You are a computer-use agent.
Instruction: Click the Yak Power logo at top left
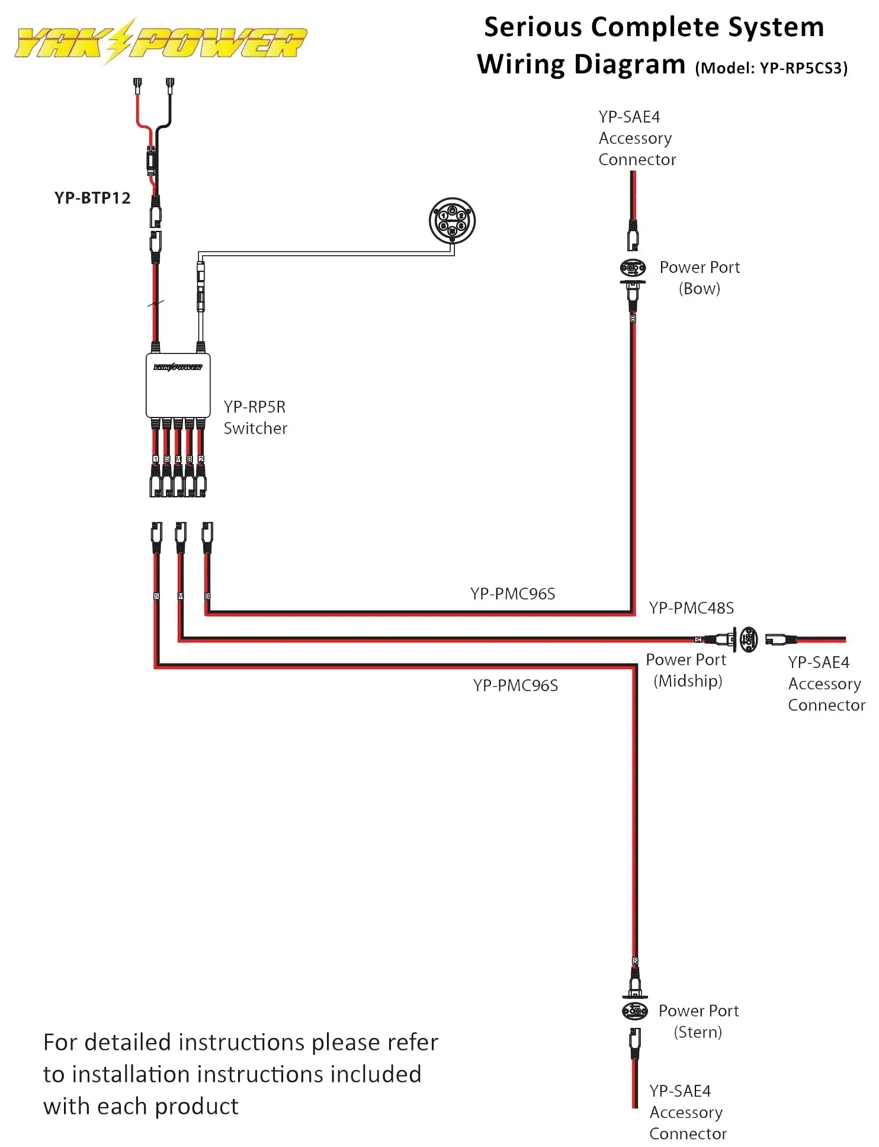click(x=160, y=41)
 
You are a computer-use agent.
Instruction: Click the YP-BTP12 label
click(x=92, y=198)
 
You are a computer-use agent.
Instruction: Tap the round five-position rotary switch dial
click(x=452, y=221)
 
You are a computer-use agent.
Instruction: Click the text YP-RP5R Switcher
click(x=255, y=417)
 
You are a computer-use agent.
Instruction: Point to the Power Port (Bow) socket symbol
click(x=633, y=268)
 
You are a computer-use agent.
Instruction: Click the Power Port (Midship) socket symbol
click(x=748, y=639)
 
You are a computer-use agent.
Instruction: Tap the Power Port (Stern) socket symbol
click(x=634, y=1011)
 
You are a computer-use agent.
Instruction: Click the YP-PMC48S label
click(x=691, y=608)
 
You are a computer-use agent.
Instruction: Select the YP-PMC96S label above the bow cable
click(x=512, y=594)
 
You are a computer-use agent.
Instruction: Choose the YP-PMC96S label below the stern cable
click(x=515, y=686)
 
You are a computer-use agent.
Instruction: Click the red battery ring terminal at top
click(x=137, y=85)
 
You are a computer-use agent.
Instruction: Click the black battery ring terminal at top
click(x=170, y=85)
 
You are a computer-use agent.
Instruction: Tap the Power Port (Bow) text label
click(x=700, y=278)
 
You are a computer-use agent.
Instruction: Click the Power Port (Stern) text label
click(x=698, y=1021)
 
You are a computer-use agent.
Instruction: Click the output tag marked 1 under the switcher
click(x=155, y=459)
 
